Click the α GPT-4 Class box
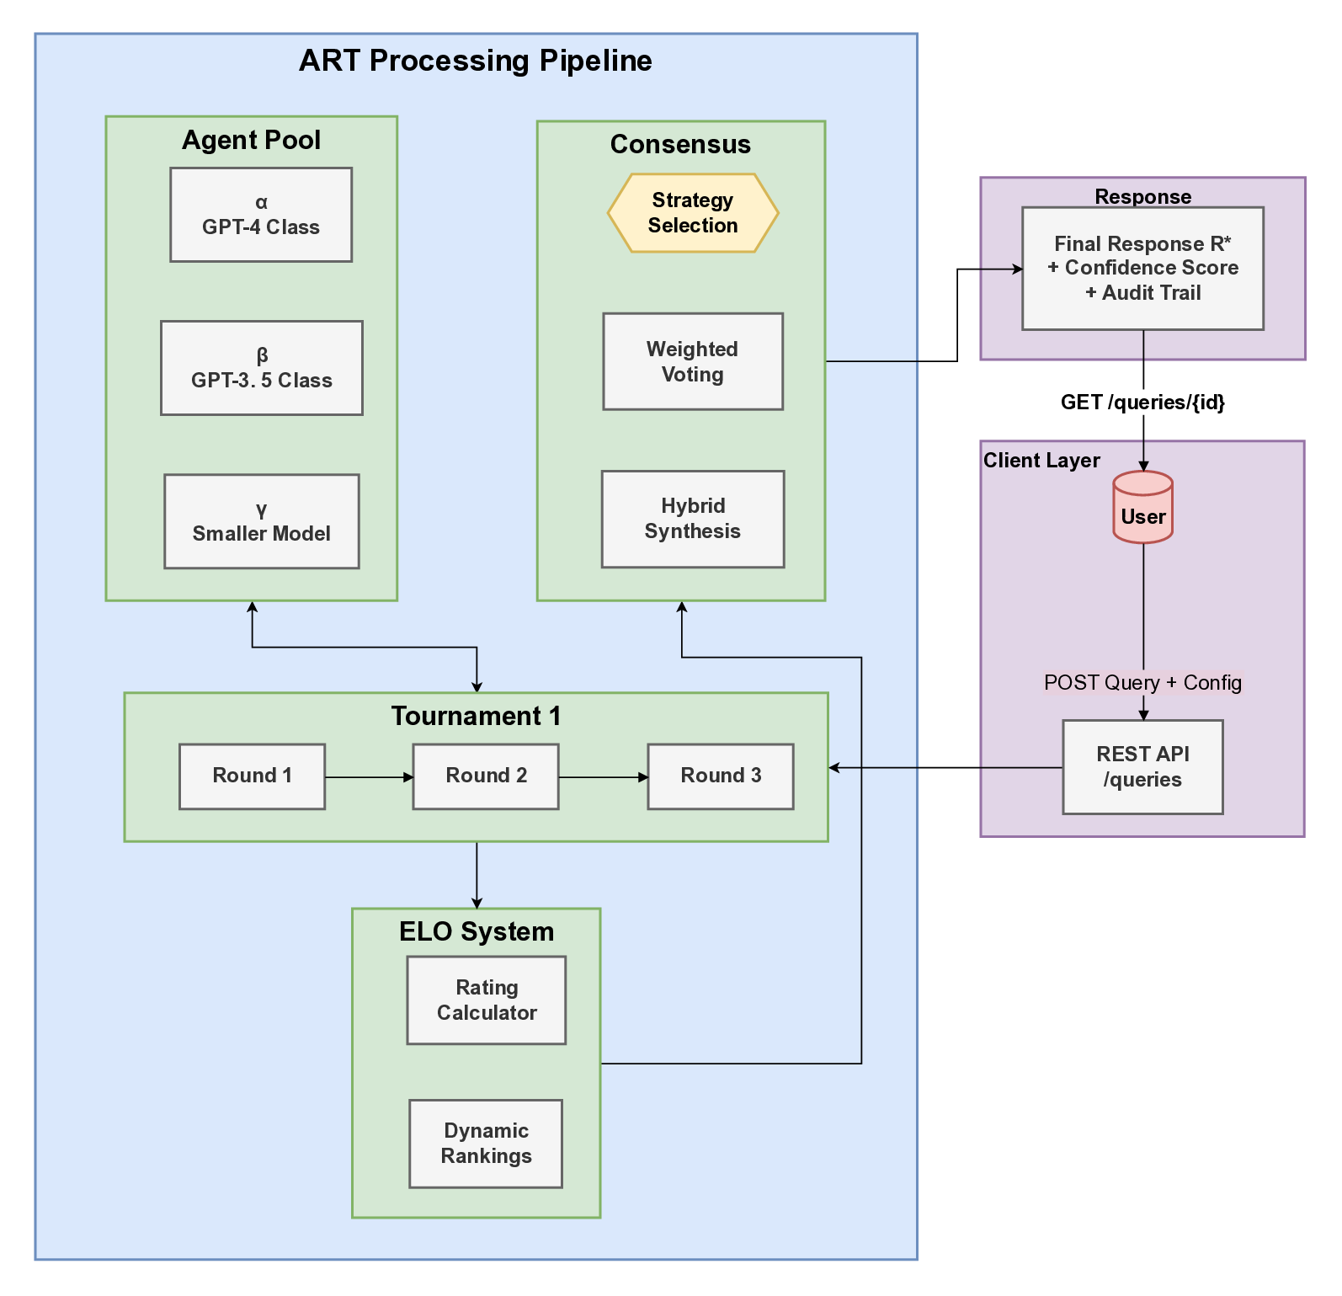click(261, 215)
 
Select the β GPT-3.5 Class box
click(262, 368)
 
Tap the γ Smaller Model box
click(262, 521)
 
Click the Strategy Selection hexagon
click(693, 213)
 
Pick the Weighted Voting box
click(693, 361)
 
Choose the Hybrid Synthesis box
click(693, 519)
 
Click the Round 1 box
click(252, 776)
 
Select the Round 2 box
click(486, 776)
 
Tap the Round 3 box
click(721, 776)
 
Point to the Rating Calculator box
click(487, 1000)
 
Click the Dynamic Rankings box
click(486, 1144)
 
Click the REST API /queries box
click(1142, 767)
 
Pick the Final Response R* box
click(1142, 269)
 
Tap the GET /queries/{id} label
click(1142, 402)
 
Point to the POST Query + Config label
click(1142, 682)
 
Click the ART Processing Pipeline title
click(476, 61)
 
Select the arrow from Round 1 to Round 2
click(369, 777)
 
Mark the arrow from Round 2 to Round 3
click(603, 777)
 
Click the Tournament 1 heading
click(476, 716)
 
